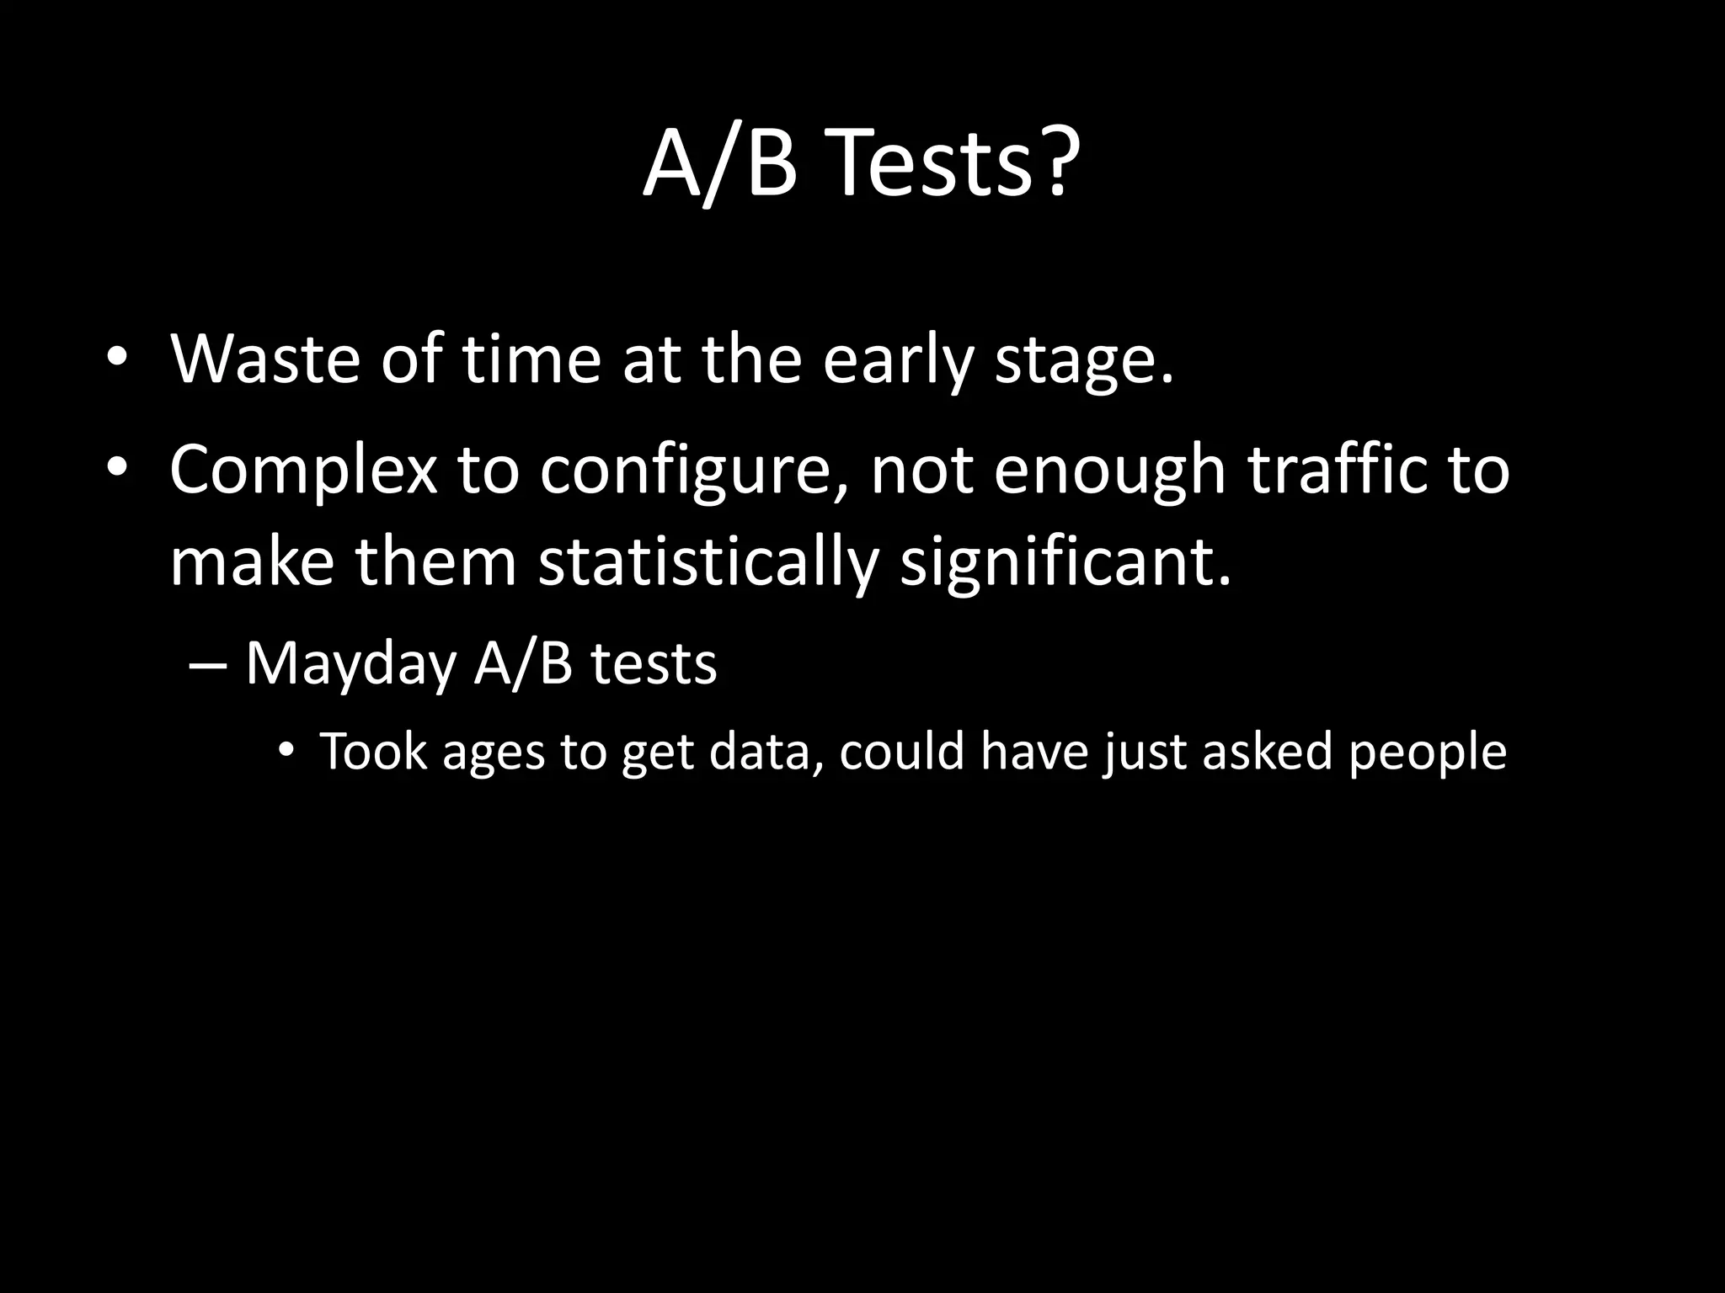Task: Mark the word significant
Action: click(x=1065, y=563)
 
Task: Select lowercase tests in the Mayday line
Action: click(x=654, y=664)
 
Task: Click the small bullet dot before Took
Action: click(x=286, y=749)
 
